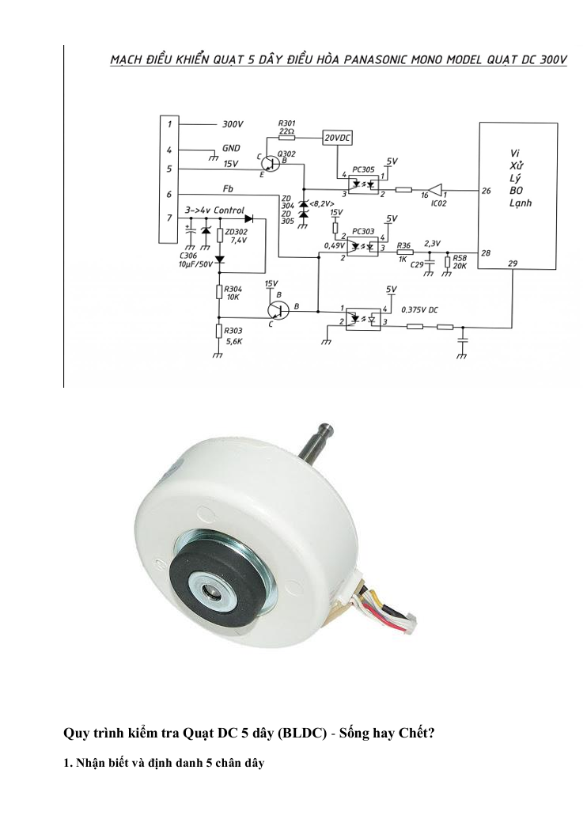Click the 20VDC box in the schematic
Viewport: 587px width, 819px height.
(337, 138)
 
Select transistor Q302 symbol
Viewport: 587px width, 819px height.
(271, 164)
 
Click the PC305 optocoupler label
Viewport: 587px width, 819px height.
(363, 170)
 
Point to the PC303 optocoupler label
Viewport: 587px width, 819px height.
(363, 231)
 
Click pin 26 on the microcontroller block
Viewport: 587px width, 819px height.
(487, 191)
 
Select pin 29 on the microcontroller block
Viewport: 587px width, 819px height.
(513, 264)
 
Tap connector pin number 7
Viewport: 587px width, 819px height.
(169, 218)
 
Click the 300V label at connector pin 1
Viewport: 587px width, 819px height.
(233, 124)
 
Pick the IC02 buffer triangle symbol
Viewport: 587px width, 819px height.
(435, 190)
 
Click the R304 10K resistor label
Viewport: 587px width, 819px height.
(233, 293)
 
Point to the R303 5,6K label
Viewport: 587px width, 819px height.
(233, 336)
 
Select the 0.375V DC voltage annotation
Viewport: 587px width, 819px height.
(419, 309)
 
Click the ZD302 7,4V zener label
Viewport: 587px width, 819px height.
(236, 236)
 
